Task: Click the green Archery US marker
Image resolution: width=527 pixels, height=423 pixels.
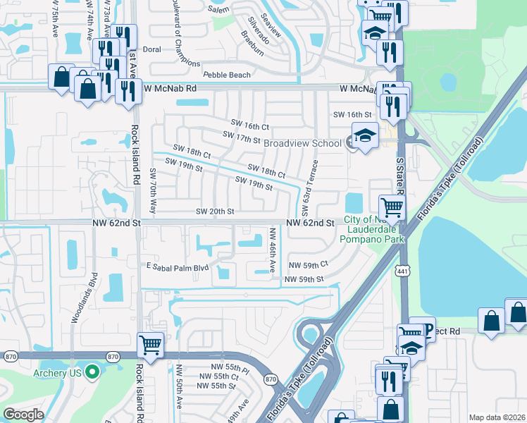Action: [90, 372]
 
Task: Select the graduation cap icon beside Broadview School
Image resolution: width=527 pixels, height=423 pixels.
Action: [365, 136]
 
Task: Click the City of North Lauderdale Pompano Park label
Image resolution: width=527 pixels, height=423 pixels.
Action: [373, 230]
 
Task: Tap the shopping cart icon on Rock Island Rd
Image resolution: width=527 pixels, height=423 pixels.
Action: [150, 345]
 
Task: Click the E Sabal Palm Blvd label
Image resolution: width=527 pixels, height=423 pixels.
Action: [178, 267]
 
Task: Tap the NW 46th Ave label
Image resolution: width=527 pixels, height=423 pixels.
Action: [272, 251]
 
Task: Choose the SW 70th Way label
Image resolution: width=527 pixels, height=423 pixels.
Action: [152, 191]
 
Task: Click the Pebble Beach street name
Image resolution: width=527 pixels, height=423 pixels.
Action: [226, 75]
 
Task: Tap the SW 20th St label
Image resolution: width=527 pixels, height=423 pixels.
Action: [214, 211]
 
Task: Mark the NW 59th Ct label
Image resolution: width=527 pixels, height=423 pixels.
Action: [309, 264]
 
